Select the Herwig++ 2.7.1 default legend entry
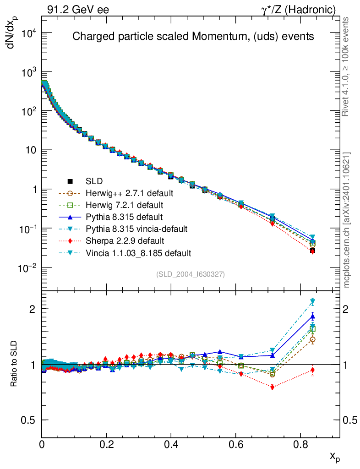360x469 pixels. (128, 192)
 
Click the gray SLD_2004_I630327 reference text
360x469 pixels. (191, 274)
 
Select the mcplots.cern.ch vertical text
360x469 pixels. (347, 220)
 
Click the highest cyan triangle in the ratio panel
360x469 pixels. (313, 301)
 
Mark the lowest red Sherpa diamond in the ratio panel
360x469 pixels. (273, 387)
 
